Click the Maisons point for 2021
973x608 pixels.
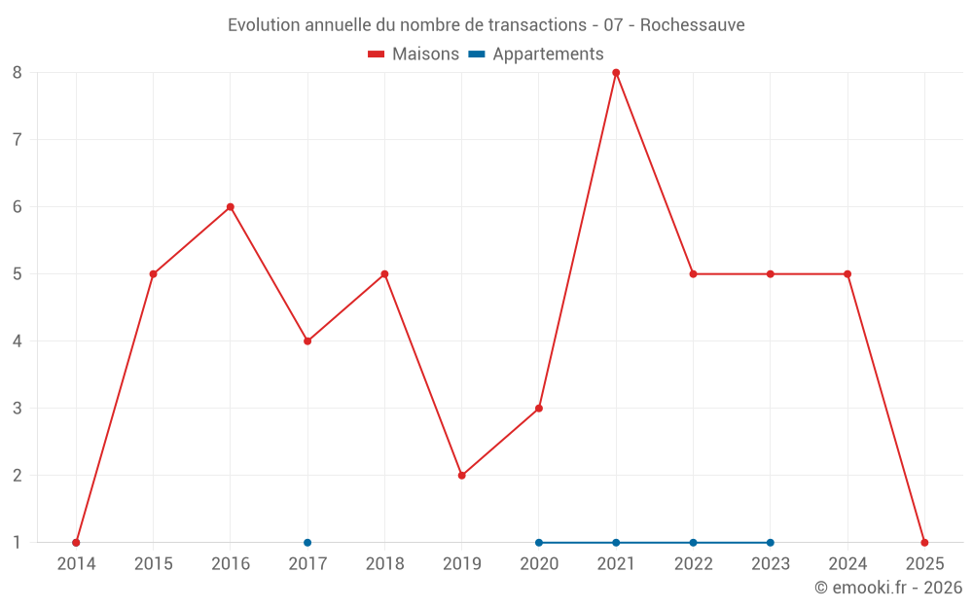pyautogui.click(x=616, y=72)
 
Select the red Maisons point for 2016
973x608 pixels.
pyautogui.click(x=231, y=206)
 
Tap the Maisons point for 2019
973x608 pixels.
pyautogui.click(x=462, y=476)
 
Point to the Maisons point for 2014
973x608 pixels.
pyautogui.click(x=76, y=543)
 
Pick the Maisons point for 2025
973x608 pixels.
pyautogui.click(x=924, y=543)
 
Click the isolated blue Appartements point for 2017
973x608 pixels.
pyautogui.click(x=307, y=543)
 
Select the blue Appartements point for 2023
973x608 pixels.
pyautogui.click(x=771, y=543)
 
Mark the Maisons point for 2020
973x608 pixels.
pyautogui.click(x=539, y=409)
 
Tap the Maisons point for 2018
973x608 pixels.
pyautogui.click(x=384, y=274)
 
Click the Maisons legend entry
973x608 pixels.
pyautogui.click(x=414, y=54)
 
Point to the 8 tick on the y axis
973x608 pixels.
pyautogui.click(x=18, y=72)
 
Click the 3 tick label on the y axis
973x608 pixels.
pyautogui.click(x=18, y=409)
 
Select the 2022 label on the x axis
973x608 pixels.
pyautogui.click(x=693, y=564)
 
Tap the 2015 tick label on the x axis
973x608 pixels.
pyautogui.click(x=153, y=564)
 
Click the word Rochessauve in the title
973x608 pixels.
pyautogui.click(x=693, y=25)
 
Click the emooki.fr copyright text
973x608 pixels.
pyautogui.click(x=888, y=588)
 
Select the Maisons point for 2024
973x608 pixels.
pyautogui.click(x=847, y=274)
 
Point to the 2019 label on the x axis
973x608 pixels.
pyautogui.click(x=462, y=564)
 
